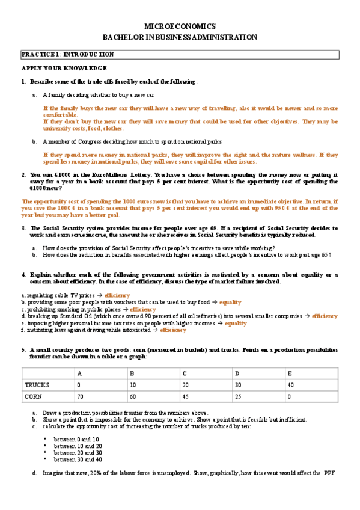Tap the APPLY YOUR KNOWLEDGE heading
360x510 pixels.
pos(64,69)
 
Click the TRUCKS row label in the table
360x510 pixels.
pos(37,384)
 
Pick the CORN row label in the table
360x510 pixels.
pos(34,396)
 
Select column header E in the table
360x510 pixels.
pos(290,372)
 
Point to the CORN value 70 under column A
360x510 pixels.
pos(81,396)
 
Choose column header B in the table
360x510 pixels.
pos(132,372)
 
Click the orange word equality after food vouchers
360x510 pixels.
pos(230,302)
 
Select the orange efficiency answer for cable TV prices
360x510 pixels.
pos(117,295)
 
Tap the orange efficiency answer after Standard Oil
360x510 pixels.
pos(325,316)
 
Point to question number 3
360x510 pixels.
pos(23,229)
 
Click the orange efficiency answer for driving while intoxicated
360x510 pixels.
pos(173,330)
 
